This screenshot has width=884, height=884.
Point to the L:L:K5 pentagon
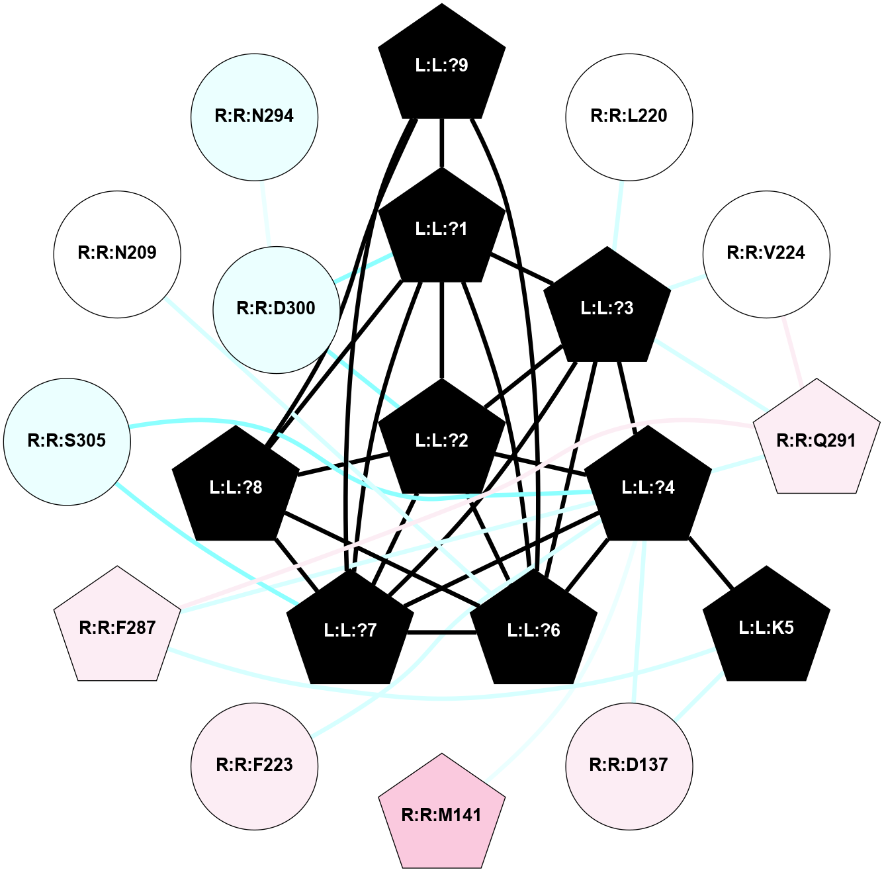click(766, 627)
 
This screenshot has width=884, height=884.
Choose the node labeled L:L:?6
click(534, 630)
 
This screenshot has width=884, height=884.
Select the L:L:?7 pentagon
click(351, 630)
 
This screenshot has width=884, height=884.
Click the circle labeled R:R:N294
click(255, 116)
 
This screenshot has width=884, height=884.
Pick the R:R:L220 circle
click(629, 116)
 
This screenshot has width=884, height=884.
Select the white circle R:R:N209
click(118, 253)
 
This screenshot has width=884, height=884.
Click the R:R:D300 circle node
click(277, 309)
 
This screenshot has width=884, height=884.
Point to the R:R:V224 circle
click(766, 253)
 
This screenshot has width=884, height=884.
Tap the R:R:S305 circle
click(67, 441)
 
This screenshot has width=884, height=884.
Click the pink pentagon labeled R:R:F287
click(118, 627)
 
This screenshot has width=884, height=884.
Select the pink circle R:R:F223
click(255, 766)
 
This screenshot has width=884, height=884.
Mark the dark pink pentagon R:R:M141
click(442, 815)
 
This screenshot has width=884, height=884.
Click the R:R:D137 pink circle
click(629, 766)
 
